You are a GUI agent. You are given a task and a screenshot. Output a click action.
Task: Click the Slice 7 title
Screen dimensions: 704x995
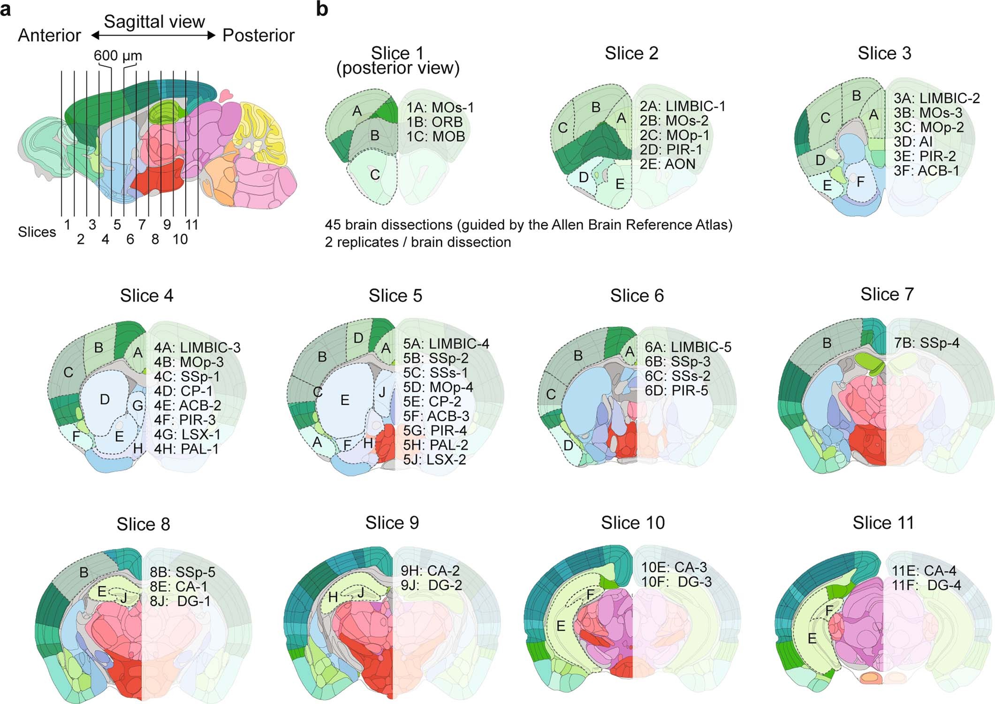(887, 294)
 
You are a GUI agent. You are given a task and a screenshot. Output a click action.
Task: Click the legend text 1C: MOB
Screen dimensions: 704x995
(436, 137)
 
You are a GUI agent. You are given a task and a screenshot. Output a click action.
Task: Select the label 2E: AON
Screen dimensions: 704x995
(668, 164)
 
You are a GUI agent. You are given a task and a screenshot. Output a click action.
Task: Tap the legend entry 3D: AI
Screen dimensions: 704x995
(913, 141)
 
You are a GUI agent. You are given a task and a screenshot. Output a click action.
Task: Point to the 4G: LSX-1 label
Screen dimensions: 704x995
(187, 434)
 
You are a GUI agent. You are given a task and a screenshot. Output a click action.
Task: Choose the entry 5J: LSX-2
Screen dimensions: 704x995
(434, 459)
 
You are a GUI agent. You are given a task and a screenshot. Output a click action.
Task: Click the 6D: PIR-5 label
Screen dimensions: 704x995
(676, 390)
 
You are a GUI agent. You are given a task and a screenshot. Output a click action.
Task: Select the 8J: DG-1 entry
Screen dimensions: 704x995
(180, 601)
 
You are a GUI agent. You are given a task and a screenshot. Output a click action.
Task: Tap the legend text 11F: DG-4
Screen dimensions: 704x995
(926, 585)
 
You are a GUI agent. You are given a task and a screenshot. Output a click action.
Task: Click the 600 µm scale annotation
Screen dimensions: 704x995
(118, 56)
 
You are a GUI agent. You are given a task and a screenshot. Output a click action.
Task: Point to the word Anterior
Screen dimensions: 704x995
(49, 36)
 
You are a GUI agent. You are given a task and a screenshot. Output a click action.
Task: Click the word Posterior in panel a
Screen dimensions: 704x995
(258, 36)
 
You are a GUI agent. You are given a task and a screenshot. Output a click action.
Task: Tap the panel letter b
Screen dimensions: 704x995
(322, 9)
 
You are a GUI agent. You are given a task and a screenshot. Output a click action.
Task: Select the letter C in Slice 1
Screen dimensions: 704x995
(374, 175)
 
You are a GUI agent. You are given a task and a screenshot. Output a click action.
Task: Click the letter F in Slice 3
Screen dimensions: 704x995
(860, 182)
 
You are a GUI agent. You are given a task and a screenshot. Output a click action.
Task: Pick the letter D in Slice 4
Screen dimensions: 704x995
(105, 399)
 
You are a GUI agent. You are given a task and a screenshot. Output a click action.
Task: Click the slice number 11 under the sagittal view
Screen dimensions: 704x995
(191, 225)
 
